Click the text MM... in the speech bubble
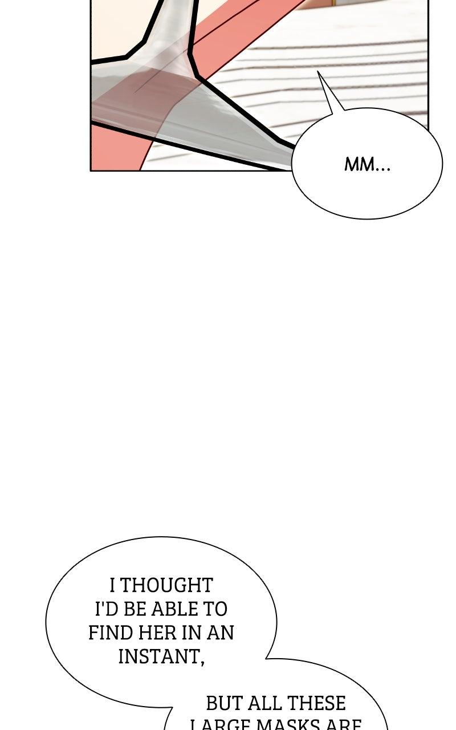367,165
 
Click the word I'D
105,609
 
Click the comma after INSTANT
202,661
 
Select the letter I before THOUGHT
112,585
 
